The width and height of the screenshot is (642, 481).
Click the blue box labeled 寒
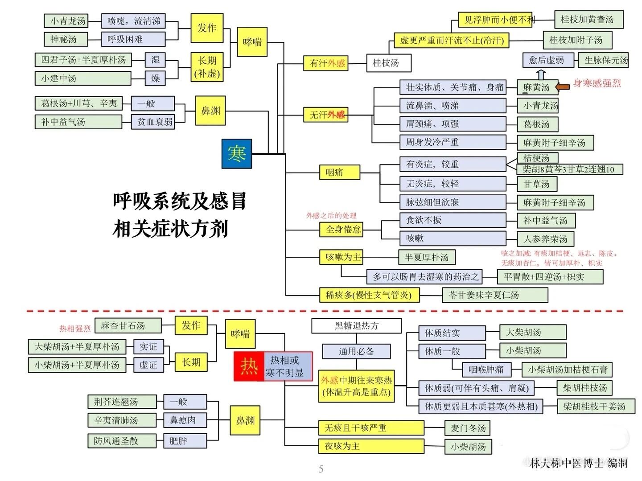point(237,154)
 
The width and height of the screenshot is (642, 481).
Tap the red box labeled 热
point(249,366)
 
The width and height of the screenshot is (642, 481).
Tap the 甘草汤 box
point(536,184)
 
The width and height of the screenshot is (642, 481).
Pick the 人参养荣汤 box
point(545,239)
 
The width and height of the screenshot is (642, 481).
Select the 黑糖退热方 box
point(356,326)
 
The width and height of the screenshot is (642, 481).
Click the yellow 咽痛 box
point(339,172)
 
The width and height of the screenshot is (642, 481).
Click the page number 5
point(321,469)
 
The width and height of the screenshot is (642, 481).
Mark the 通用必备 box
point(356,351)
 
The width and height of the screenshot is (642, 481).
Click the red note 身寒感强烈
point(597,83)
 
